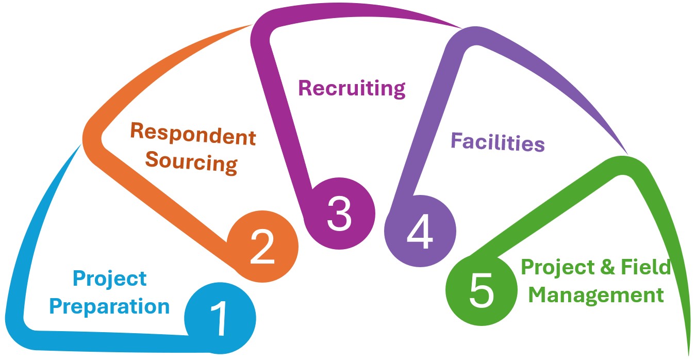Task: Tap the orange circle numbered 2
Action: (263, 247)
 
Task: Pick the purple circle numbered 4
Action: (420, 231)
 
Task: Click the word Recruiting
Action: (352, 89)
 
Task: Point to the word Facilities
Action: (498, 142)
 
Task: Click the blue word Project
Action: (109, 280)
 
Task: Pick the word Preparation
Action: (109, 306)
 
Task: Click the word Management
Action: (597, 296)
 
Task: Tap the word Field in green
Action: (650, 268)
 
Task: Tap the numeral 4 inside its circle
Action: (420, 232)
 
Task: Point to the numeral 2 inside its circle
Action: (262, 247)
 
